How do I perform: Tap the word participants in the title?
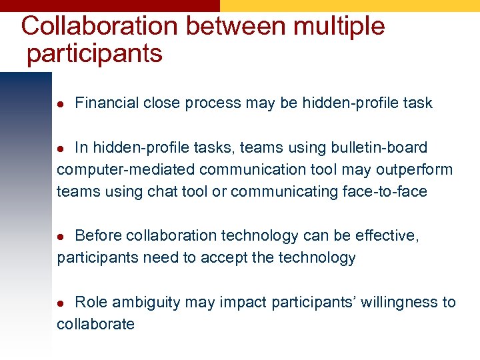click(x=95, y=53)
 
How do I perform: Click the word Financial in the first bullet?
click(x=107, y=103)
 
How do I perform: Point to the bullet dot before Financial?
click(x=60, y=103)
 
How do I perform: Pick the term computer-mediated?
click(x=115, y=169)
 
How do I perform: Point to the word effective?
click(x=388, y=235)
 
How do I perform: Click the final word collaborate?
click(x=95, y=324)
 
